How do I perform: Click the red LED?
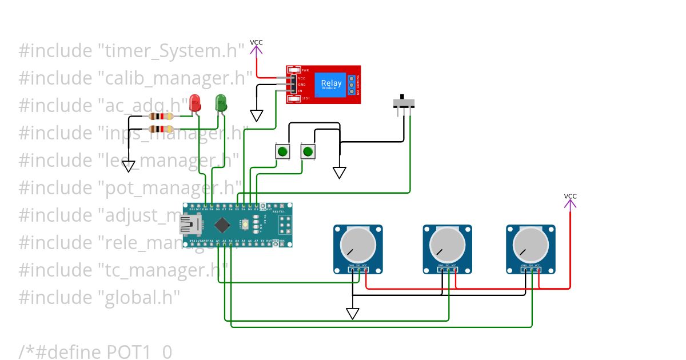195,103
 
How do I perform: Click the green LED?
221,103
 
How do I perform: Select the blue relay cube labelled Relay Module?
331,84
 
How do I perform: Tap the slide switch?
405,103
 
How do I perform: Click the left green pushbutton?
282,151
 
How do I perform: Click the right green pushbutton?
308,151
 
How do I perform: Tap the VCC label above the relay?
256,42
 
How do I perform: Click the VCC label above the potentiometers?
570,196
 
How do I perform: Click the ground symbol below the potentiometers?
353,313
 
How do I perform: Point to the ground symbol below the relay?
257,115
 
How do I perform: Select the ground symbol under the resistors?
129,166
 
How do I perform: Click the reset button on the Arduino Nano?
245,225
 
